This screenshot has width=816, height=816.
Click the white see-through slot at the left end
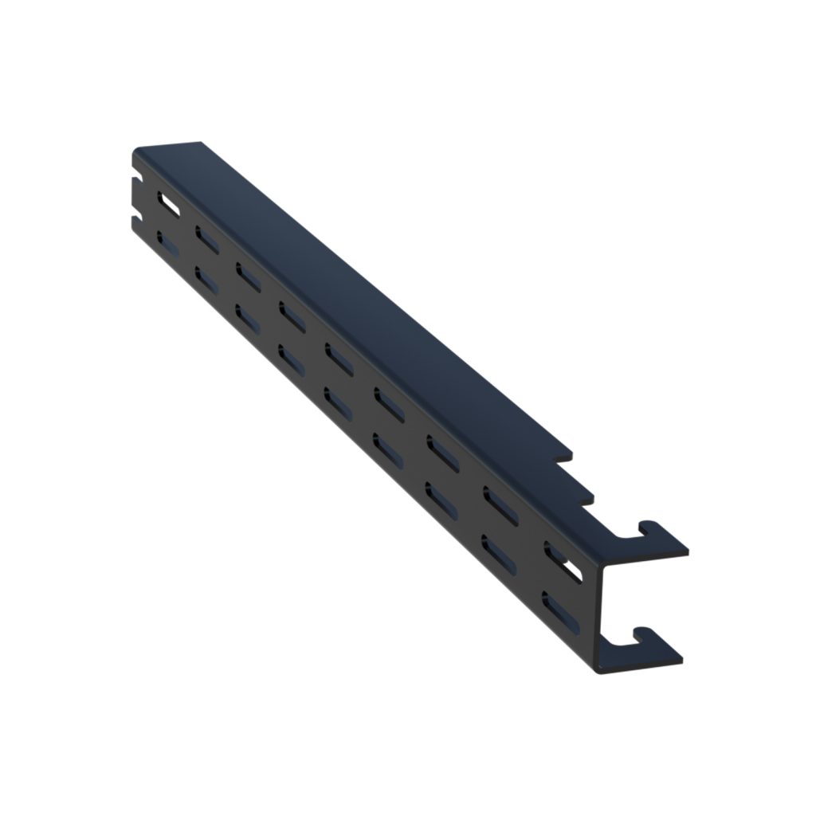pos(168,202)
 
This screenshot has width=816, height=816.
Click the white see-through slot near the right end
pos(559,560)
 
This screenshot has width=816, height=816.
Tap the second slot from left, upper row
pos(206,237)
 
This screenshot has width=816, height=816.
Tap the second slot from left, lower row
pos(206,278)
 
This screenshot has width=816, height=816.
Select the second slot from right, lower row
pos(497,551)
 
